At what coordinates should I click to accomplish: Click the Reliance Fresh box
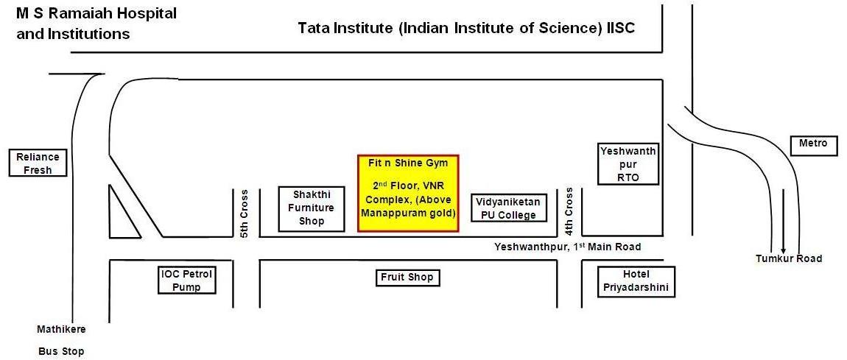(38, 163)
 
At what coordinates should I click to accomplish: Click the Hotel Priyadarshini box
(634, 281)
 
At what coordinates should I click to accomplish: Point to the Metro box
(814, 144)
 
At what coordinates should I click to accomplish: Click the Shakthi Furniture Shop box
(311, 208)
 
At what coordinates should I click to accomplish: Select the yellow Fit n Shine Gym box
(408, 193)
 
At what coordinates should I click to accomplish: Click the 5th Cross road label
(245, 213)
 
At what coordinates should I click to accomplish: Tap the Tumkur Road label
(789, 258)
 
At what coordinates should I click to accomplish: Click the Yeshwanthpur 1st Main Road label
(567, 247)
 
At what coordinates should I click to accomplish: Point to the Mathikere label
(61, 328)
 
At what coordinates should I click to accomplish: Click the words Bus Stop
(61, 352)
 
